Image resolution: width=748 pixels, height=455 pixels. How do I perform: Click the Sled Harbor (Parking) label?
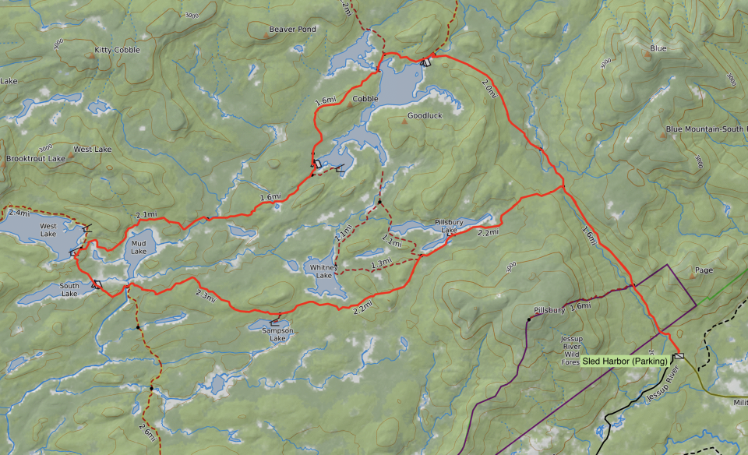tap(625, 361)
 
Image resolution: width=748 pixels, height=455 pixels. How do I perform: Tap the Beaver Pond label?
tap(292, 30)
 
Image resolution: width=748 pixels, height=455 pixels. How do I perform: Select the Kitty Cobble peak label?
tap(117, 50)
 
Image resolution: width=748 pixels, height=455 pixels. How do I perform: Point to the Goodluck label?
tap(425, 115)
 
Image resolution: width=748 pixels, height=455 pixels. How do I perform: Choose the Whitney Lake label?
tap(322, 271)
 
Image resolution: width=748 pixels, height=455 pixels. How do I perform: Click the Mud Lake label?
tap(139, 247)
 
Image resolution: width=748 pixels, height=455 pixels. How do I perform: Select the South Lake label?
tap(69, 289)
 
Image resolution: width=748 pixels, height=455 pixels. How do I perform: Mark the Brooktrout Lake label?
tap(35, 158)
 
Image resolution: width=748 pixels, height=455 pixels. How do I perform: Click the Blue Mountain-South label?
tap(705, 129)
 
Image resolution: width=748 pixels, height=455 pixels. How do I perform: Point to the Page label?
tap(704, 270)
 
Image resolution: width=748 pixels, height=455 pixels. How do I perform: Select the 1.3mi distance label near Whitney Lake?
tap(381, 264)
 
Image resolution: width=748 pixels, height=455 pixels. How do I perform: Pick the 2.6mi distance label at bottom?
tap(146, 429)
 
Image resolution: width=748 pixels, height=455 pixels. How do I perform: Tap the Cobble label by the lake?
tap(365, 99)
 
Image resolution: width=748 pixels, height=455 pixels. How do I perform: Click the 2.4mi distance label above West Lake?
tap(19, 212)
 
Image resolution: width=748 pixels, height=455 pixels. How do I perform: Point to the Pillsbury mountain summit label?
tap(549, 310)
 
